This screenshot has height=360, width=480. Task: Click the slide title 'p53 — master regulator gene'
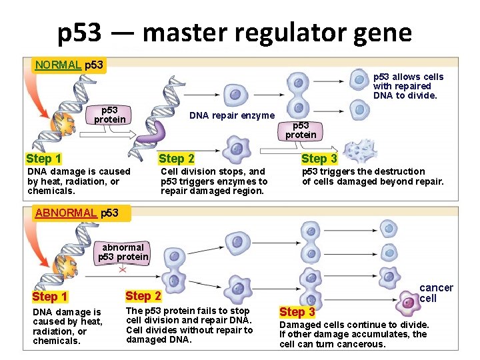point(234,31)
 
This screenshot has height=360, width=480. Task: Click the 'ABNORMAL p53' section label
point(77,213)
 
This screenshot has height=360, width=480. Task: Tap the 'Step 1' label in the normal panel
point(43,159)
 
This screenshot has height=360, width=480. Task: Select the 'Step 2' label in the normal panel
point(177,159)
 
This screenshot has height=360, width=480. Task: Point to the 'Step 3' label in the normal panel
point(319,159)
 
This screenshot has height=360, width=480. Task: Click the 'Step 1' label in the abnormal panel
point(50,297)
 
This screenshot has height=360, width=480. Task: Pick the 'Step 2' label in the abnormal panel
point(143,296)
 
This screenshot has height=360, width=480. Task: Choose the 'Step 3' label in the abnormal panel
point(297,312)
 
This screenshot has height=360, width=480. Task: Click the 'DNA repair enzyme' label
point(231,116)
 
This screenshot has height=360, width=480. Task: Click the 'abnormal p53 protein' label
point(123,252)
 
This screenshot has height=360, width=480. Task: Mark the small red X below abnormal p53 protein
point(123,270)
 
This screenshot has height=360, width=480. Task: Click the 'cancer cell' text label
point(436,293)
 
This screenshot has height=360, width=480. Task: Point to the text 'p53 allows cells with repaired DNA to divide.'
point(407,86)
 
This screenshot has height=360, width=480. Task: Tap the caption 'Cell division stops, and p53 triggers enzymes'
point(213,181)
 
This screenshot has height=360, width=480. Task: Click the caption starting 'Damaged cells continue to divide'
point(353,334)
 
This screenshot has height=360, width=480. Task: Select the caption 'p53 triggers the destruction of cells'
point(372,177)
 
